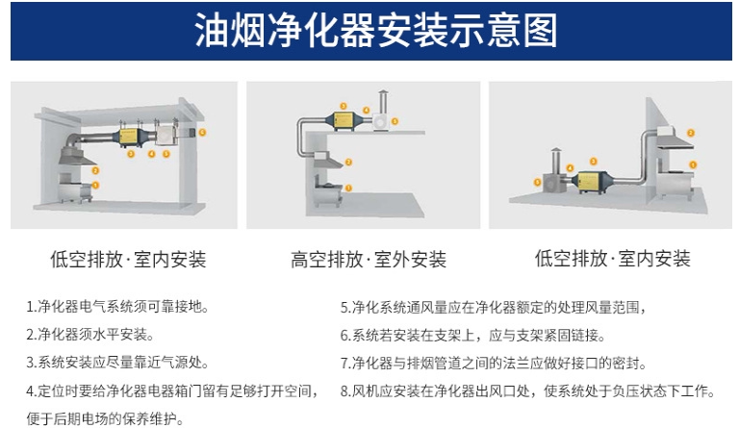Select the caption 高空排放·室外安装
369,259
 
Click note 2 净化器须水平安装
90,336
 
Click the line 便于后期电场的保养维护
105,418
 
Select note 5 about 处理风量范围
491,308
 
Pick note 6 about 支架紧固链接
471,336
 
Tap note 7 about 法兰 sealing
493,364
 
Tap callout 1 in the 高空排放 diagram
349,187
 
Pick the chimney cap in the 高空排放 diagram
384,92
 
